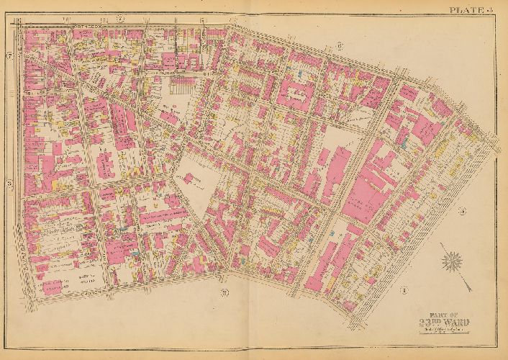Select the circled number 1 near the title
404,290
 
